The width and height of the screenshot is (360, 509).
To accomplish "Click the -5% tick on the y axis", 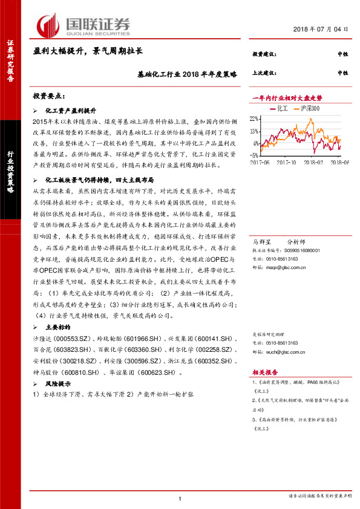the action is coord(255,155).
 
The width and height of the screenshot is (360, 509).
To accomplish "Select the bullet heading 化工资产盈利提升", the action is coord(71,112).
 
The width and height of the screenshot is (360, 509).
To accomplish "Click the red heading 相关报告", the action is coord(264,373).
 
